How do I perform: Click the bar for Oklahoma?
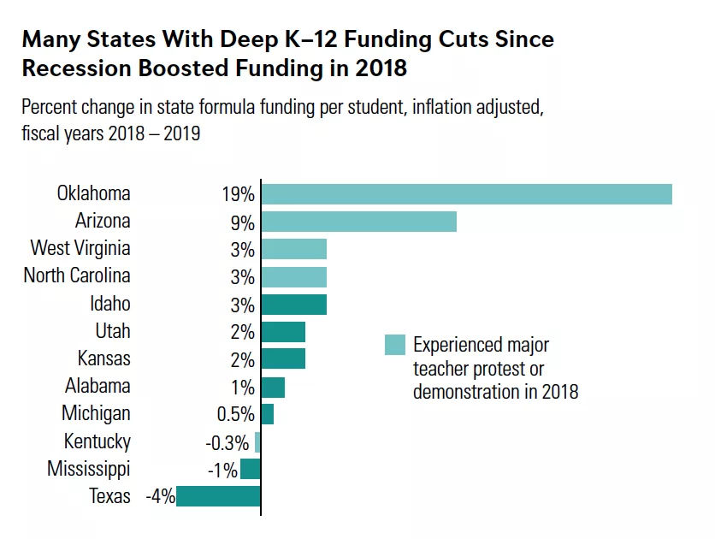466,194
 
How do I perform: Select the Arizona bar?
358,222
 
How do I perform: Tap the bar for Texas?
218,496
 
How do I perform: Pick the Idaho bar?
293,305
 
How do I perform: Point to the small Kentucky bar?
257,442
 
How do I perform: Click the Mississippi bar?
250,469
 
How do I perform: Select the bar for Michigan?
267,414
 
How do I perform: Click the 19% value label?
239,195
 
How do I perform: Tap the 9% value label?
242,222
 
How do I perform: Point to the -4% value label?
160,496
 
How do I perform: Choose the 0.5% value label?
235,415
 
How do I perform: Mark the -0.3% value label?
227,442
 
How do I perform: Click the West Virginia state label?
80,249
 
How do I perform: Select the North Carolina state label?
77,276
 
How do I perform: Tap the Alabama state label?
97,387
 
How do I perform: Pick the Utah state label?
113,331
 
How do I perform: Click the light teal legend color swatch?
394,345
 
